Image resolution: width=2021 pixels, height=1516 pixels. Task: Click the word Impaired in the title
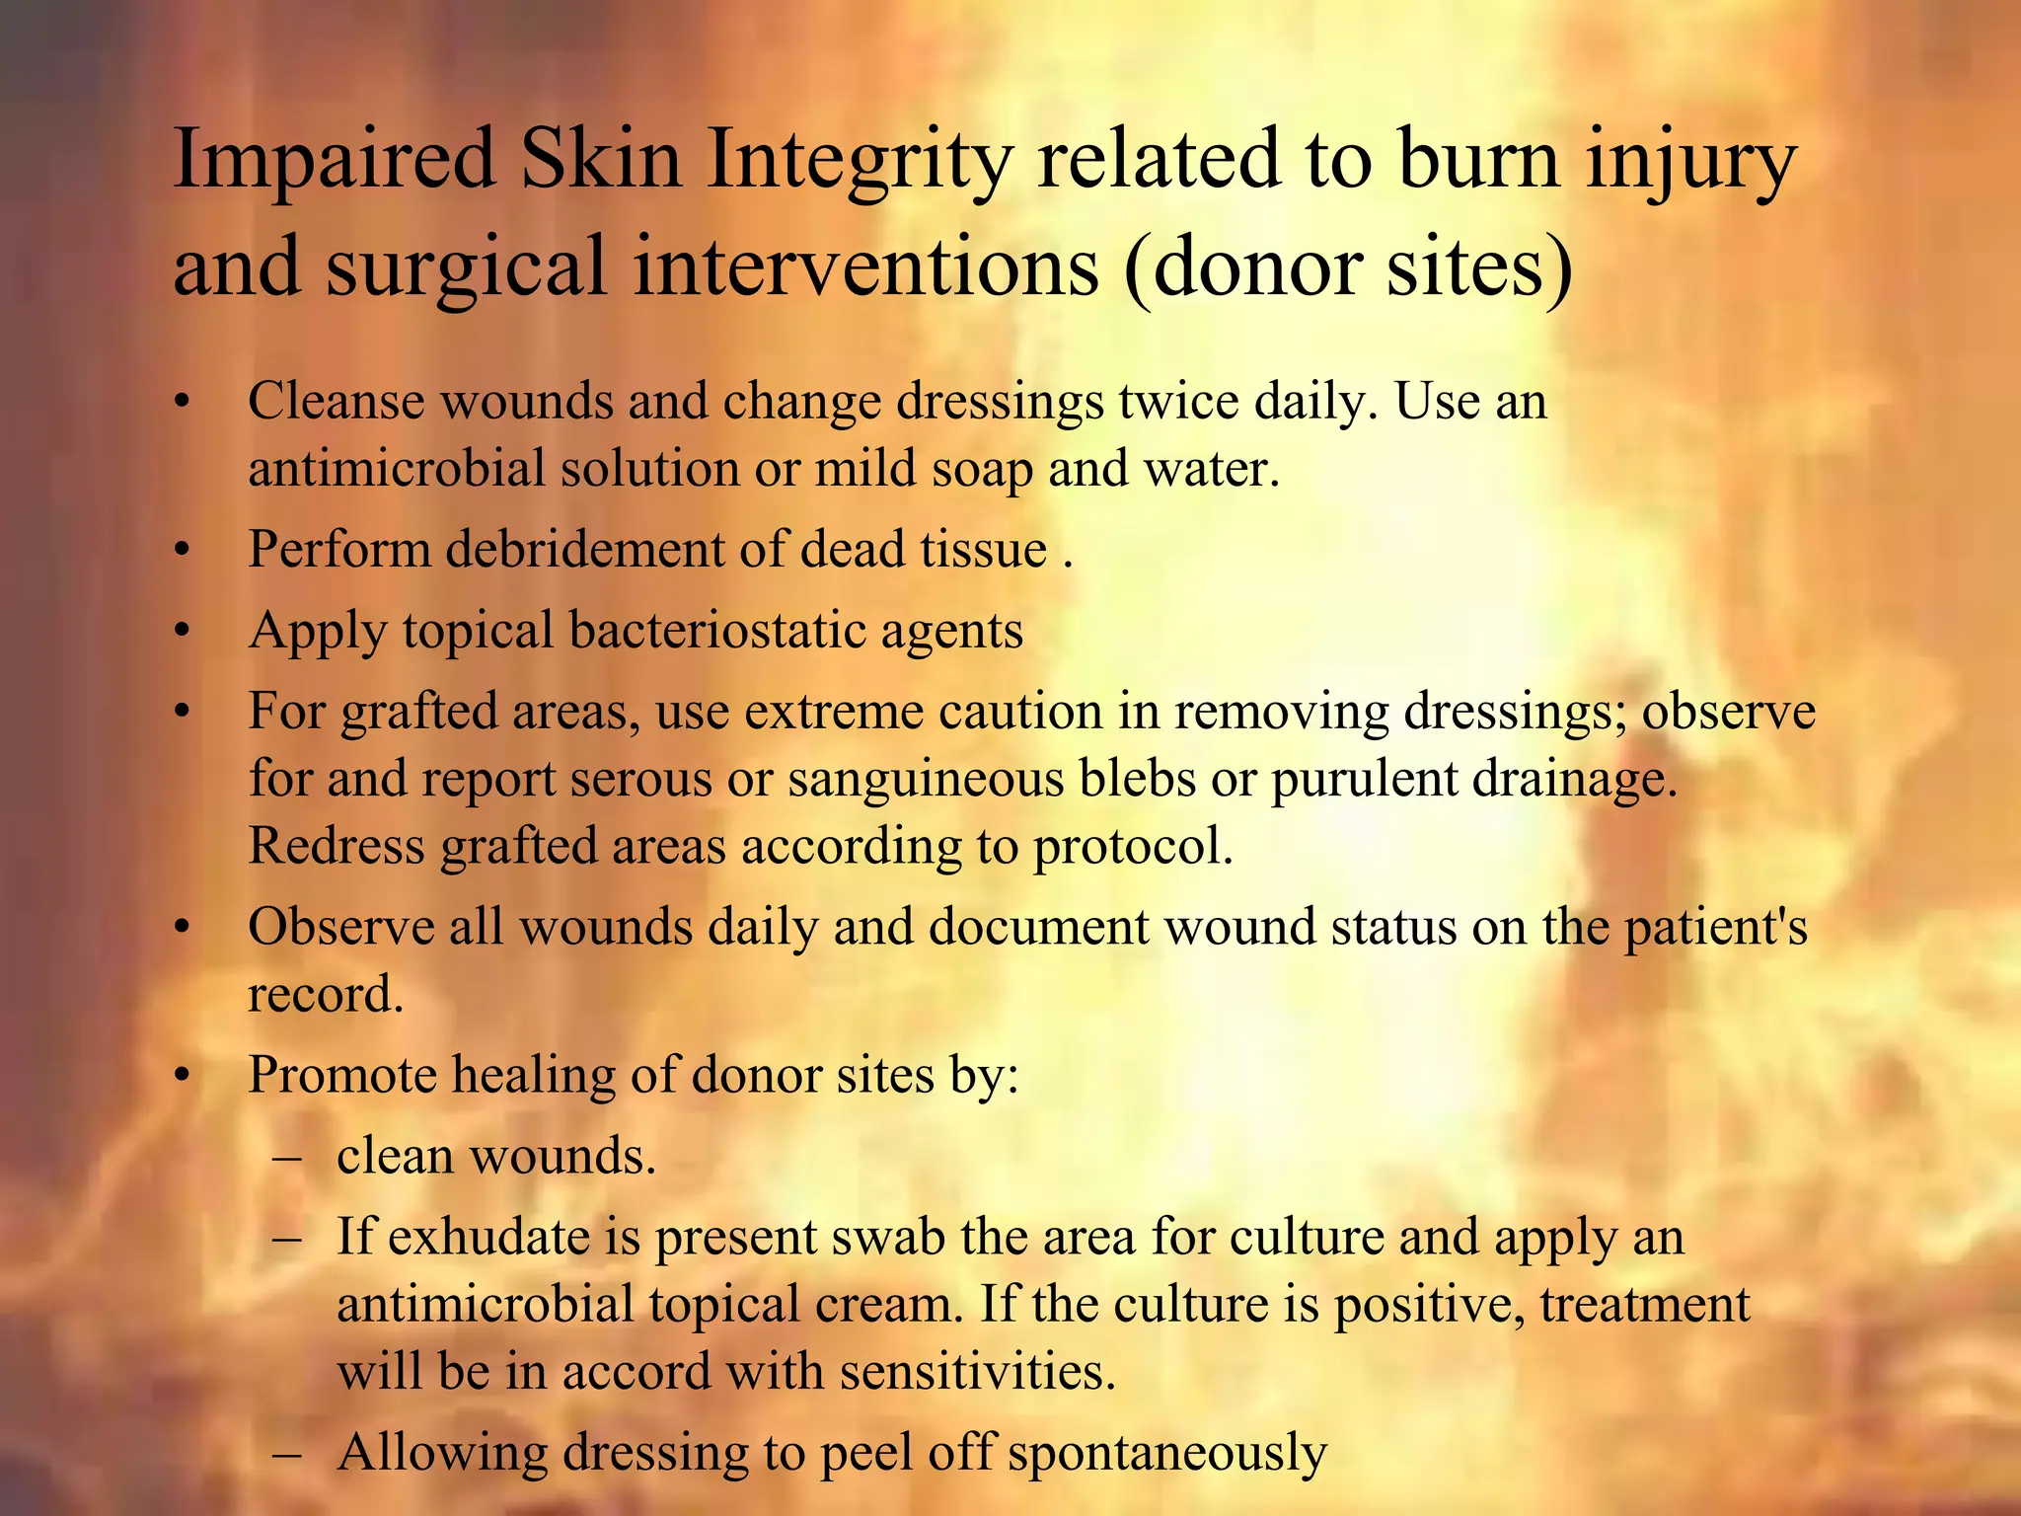[334, 161]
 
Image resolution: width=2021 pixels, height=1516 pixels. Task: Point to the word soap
[981, 469]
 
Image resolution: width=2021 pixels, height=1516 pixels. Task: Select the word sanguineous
[926, 779]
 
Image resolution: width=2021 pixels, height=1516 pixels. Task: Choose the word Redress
[336, 846]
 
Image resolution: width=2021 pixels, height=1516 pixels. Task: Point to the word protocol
[1132, 846]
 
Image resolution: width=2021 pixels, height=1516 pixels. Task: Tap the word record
[325, 994]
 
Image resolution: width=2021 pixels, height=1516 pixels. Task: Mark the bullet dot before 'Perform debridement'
[181, 551]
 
